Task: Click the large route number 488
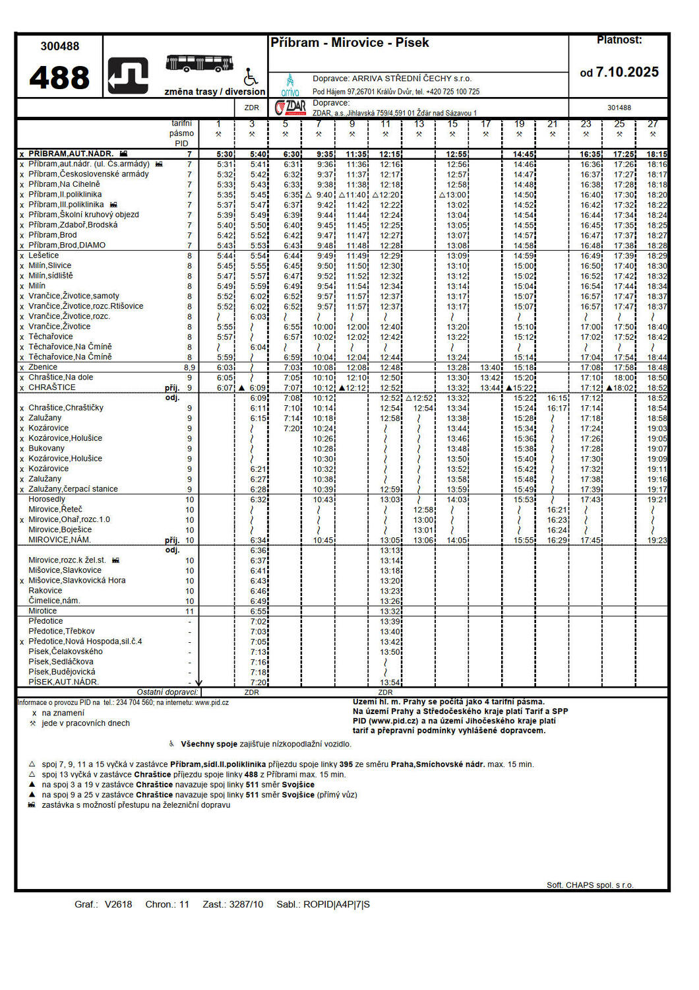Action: coord(59,77)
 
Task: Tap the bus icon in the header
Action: coord(200,64)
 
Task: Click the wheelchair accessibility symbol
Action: coord(251,77)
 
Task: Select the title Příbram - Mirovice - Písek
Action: coord(349,43)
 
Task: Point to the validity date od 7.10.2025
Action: coord(619,72)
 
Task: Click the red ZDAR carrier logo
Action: coord(290,108)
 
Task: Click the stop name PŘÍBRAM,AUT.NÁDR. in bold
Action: coord(71,154)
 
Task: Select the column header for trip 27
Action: coord(652,124)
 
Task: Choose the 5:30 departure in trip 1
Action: coord(225,154)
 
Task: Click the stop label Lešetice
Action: coord(44,255)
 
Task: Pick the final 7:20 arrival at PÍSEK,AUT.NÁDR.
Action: coord(258,682)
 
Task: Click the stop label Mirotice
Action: coord(42,611)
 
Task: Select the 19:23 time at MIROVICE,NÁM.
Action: coord(657,540)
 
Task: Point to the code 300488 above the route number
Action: coord(59,46)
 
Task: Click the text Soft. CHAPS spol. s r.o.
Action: coord(590,885)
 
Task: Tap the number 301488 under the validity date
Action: coord(619,108)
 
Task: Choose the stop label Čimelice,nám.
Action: coord(54,601)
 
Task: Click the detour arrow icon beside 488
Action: coord(128,77)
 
